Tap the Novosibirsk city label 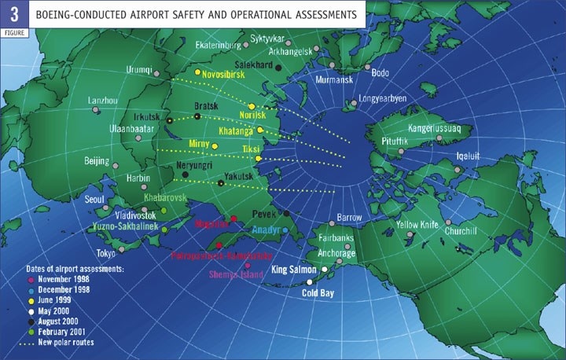coord(228,75)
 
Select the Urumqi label coord(141,69)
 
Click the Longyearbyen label coord(383,99)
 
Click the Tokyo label coord(105,253)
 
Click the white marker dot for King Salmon coord(324,269)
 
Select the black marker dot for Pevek coord(287,213)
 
